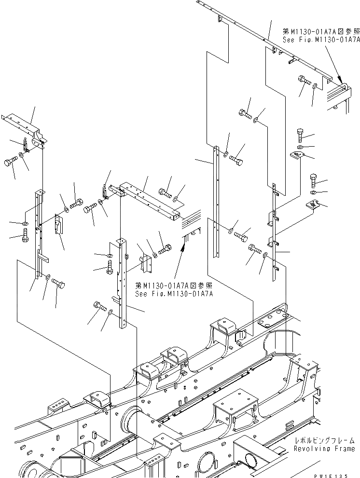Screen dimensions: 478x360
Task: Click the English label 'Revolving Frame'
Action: click(x=324, y=449)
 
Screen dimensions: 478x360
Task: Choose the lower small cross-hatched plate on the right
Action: click(x=314, y=205)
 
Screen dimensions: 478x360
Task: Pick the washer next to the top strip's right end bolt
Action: click(x=315, y=86)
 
